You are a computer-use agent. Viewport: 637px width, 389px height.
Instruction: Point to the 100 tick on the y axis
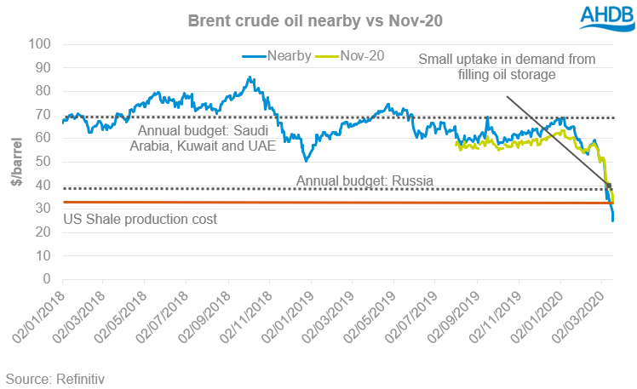click(39, 44)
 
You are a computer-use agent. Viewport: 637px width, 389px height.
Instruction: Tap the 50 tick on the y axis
click(43, 162)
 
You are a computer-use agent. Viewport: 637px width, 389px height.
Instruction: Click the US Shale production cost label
click(141, 220)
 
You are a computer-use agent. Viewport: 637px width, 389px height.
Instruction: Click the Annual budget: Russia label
click(365, 180)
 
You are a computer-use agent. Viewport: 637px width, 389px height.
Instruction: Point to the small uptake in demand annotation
click(506, 66)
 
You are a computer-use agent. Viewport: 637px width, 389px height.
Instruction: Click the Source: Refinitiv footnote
click(55, 377)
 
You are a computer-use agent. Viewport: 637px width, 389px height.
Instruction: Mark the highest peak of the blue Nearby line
click(250, 77)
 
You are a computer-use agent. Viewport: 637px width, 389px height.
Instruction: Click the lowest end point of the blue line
click(613, 220)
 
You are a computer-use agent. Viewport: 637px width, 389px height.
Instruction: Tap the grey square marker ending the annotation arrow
click(608, 186)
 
